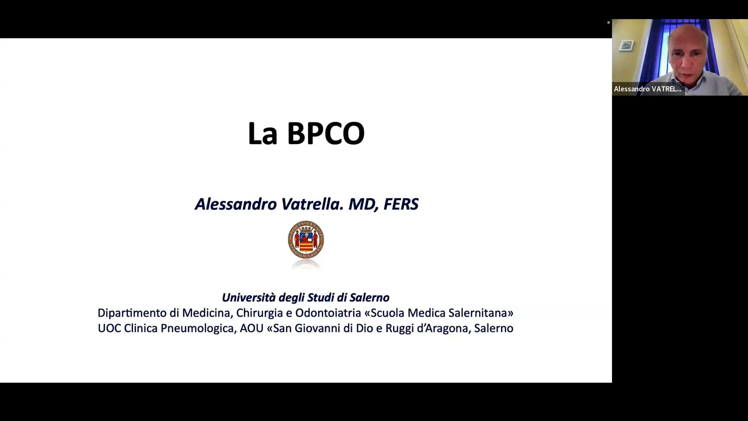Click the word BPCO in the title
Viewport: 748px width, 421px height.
(x=326, y=133)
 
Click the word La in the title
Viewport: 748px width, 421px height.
(x=263, y=133)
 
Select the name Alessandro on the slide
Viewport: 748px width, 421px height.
(x=236, y=204)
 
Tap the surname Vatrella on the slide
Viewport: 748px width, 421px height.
(x=312, y=204)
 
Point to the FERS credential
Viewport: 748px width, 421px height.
(x=401, y=204)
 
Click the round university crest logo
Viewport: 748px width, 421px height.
(x=306, y=239)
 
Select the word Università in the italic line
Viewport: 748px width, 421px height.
(x=249, y=297)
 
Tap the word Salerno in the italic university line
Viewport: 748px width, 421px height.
(x=369, y=297)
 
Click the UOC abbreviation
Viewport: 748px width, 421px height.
(x=109, y=328)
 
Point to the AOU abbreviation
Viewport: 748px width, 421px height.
(x=252, y=328)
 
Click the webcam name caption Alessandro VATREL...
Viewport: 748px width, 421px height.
(x=647, y=89)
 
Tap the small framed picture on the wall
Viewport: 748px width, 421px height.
(x=626, y=46)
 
